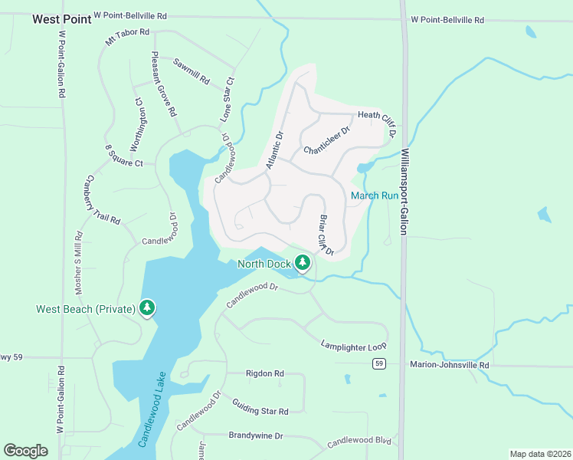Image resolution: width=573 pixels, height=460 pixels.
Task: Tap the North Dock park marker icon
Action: pos(303,264)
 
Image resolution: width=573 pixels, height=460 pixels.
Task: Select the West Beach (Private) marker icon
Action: pos(146,308)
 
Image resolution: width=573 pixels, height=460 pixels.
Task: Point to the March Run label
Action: pos(375,195)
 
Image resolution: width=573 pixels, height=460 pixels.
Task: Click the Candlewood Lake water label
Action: pos(152,418)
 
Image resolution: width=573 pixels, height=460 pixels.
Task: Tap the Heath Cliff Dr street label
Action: pos(376,120)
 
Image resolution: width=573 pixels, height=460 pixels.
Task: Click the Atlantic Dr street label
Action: pos(274,149)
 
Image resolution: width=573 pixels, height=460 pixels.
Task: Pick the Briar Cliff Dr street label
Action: pos(326,235)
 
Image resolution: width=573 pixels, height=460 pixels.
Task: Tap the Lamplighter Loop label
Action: pos(354,346)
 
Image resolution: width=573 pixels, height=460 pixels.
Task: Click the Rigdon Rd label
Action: pos(264,373)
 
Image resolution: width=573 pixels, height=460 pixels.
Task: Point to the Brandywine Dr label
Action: pos(256,435)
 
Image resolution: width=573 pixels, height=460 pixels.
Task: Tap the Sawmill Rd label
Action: pos(191,71)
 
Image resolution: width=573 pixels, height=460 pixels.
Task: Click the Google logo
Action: pos(26,451)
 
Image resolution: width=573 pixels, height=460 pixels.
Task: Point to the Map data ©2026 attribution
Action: pos(540,454)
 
